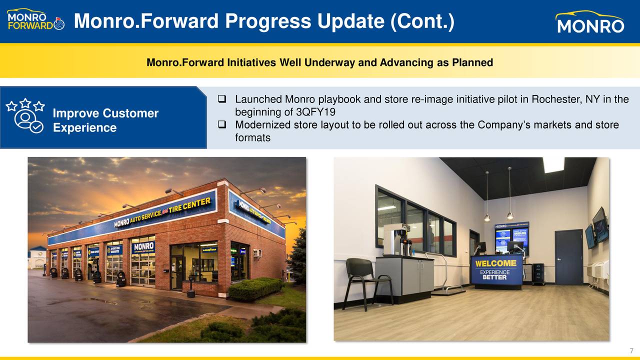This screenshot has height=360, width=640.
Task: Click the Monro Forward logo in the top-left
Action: tap(35, 21)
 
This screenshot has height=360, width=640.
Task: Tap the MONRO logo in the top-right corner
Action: tap(590, 22)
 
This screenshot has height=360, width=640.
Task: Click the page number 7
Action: tap(631, 350)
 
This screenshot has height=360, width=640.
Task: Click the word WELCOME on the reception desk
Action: tap(495, 263)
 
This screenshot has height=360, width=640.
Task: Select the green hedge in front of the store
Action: tap(255, 288)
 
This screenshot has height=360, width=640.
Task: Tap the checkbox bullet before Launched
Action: tap(223, 99)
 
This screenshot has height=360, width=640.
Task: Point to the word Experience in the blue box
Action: tap(84, 128)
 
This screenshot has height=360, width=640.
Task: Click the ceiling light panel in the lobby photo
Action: tap(553, 164)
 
